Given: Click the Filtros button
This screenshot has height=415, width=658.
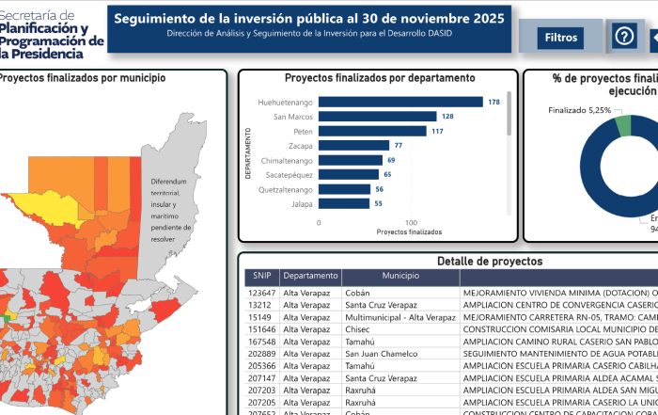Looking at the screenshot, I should tap(561, 38).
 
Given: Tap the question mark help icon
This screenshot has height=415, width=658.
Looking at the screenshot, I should tap(624, 37).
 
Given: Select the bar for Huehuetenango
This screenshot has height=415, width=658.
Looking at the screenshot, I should tap(400, 102).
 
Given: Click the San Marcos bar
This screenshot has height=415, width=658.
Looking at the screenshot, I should tap(378, 117).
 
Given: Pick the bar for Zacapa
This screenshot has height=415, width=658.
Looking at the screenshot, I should tap(354, 146).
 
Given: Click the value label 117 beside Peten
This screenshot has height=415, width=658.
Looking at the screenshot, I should tap(437, 131).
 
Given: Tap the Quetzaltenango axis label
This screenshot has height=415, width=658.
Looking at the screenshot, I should tap(286, 189).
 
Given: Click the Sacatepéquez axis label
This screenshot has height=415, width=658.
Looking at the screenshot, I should tap(287, 175).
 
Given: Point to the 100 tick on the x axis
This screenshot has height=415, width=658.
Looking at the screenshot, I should tap(411, 223).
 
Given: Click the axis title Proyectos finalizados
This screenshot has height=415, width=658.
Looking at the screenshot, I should tap(409, 231).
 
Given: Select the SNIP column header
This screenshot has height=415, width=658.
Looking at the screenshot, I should tap(260, 277).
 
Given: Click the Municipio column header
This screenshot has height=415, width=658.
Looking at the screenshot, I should tap(399, 277).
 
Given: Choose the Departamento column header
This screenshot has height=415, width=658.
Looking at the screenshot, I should tap(310, 277).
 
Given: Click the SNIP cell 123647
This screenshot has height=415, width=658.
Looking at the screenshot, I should tap(261, 293).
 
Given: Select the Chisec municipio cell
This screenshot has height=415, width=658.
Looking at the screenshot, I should tap(359, 330).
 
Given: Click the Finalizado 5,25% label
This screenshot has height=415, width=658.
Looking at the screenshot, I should tap(579, 110).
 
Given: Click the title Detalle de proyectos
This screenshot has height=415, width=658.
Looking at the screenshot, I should tap(489, 261).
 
